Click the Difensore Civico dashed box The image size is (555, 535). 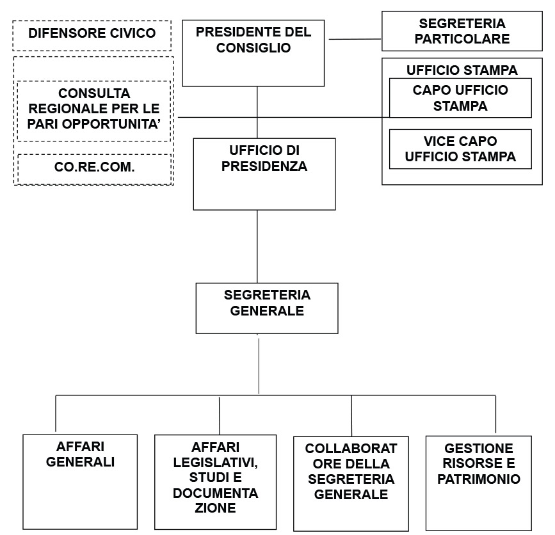92,35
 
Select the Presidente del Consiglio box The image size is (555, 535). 253,53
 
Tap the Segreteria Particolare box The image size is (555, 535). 462,31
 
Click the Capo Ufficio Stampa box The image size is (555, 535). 460,98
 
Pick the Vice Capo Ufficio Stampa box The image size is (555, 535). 460,149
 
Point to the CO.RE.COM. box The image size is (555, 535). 94,169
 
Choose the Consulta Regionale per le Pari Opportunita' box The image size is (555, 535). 94,111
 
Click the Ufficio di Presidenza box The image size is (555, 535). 264,174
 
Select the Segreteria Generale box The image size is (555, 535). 267,308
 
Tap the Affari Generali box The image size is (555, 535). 80,482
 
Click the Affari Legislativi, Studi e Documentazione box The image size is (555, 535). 215,482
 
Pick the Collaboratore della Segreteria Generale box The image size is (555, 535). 351,484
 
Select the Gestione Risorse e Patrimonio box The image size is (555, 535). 479,483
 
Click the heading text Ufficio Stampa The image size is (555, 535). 462,70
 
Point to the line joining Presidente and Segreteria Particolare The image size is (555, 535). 355,39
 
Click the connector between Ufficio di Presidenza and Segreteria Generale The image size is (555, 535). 257,246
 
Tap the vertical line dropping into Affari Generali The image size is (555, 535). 56,413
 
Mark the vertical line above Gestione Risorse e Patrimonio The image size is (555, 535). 495,414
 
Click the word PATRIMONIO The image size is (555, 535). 479,479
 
